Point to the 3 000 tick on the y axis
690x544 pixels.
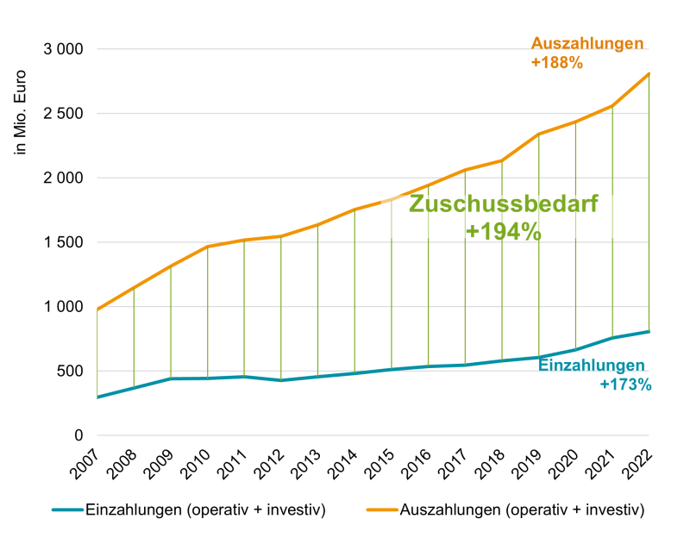click(63, 49)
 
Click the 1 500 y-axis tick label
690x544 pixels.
click(63, 242)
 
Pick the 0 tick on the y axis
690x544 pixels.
click(77, 435)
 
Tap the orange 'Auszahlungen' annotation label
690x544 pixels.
click(587, 44)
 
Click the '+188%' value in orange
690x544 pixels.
click(557, 63)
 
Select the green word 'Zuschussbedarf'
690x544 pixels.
click(503, 205)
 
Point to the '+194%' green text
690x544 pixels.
click(503, 231)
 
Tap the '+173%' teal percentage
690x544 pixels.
click(625, 385)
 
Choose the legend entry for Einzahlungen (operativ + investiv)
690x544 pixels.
click(204, 510)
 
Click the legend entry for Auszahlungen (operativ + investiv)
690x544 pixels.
click(522, 510)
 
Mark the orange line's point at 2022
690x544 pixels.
click(649, 73)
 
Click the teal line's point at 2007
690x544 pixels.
click(97, 397)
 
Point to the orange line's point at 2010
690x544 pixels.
click(207, 247)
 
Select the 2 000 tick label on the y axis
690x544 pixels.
click(63, 178)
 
